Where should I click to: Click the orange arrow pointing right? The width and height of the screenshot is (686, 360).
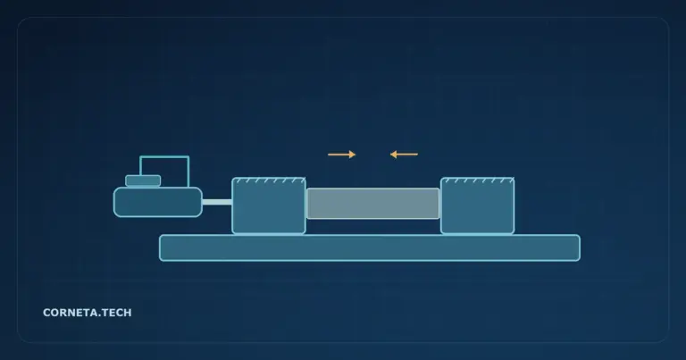[x=342, y=155]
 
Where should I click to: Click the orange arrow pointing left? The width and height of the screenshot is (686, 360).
[x=404, y=155]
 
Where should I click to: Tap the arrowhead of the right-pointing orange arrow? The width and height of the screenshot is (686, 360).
[x=353, y=155]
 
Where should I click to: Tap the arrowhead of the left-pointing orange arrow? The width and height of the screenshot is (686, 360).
[x=393, y=155]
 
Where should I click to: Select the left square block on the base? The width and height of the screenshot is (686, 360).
[x=269, y=205]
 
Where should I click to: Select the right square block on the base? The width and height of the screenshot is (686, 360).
[x=477, y=205]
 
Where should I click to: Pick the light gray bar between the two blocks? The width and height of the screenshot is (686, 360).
[x=373, y=204]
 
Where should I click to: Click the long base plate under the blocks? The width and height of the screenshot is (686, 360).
[x=370, y=248]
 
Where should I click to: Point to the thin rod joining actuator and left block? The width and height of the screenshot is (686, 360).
[x=217, y=202]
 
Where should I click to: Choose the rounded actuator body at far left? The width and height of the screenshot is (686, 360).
[x=158, y=202]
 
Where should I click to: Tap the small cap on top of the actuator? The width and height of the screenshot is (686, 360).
[x=143, y=180]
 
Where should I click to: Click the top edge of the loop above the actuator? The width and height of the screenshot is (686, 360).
[x=164, y=156]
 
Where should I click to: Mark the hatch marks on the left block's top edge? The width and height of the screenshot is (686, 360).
[x=269, y=180]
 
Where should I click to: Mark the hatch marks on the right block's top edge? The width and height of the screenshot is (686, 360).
[x=477, y=180]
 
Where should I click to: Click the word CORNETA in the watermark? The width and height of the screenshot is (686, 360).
[x=69, y=313]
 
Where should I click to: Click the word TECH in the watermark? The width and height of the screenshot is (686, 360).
[x=115, y=313]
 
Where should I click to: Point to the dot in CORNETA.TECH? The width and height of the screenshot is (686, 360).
[x=96, y=316]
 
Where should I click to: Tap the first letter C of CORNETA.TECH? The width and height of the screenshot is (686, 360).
[x=46, y=313]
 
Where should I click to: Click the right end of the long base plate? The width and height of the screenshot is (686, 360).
[x=580, y=248]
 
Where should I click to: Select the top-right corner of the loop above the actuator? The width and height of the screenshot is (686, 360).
[x=188, y=156]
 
